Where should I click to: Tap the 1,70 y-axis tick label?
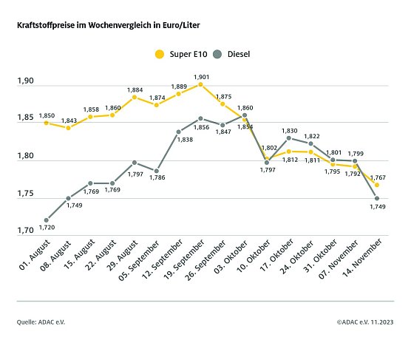pyautogui.click(x=26, y=231)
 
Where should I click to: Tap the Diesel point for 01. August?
pyautogui.click(x=46, y=220)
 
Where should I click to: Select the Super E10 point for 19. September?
pyautogui.click(x=200, y=84)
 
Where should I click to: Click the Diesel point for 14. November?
pyautogui.click(x=377, y=198)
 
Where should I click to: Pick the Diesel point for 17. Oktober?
pyautogui.click(x=288, y=138)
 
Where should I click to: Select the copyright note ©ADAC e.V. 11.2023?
pyautogui.click(x=364, y=322)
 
